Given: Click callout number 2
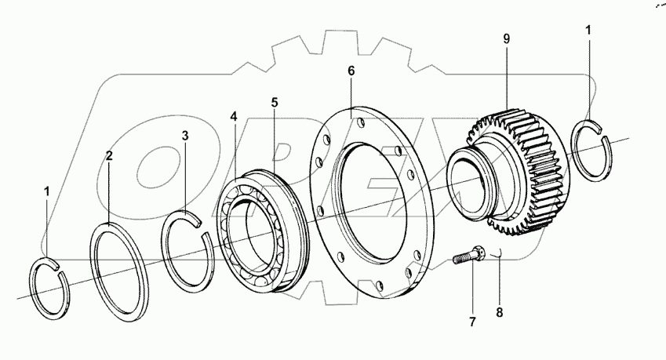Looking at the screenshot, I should tap(109, 155).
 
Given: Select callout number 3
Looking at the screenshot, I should tap(185, 136).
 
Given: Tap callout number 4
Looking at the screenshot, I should tap(233, 117).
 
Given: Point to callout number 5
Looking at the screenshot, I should tap(275, 102).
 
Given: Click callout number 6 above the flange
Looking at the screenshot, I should tap(351, 71).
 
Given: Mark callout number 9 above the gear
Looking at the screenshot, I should tap(506, 37).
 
